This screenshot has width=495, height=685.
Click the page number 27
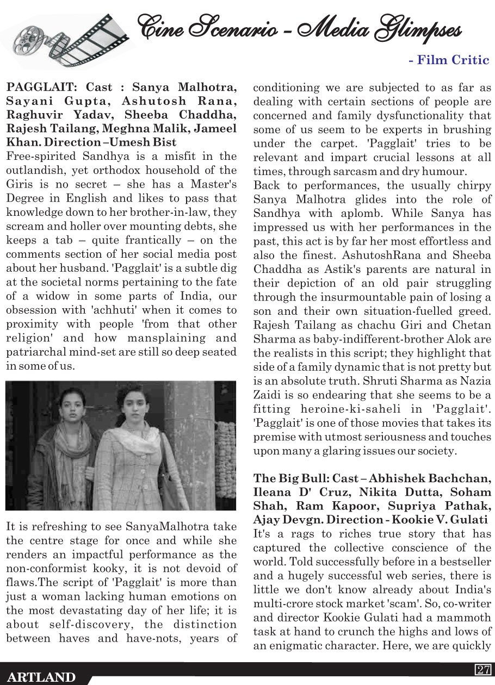point(483,670)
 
